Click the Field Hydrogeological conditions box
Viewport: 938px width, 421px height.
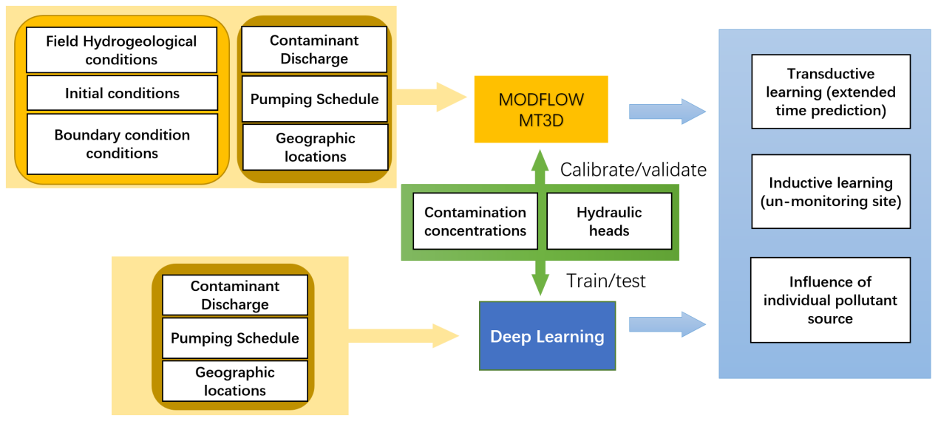(122, 50)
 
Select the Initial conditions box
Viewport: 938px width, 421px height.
(122, 93)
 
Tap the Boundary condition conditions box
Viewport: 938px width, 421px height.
(122, 144)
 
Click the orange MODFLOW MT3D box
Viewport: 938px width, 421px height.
(540, 109)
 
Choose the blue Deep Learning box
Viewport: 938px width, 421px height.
(547, 336)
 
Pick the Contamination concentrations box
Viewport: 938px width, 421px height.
(475, 221)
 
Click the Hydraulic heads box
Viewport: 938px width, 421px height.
(609, 221)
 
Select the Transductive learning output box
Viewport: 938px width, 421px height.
(830, 92)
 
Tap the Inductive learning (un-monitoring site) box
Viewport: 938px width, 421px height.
(830, 191)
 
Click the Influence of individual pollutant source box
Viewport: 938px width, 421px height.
(830, 300)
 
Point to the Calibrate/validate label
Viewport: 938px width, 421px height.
(633, 170)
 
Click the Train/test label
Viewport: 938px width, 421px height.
(605, 281)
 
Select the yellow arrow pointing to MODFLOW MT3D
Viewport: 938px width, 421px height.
(432, 97)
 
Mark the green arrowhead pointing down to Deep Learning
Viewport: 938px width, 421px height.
(540, 284)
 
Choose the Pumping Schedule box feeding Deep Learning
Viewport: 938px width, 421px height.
(235, 338)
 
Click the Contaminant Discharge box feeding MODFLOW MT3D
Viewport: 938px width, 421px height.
(314, 49)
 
